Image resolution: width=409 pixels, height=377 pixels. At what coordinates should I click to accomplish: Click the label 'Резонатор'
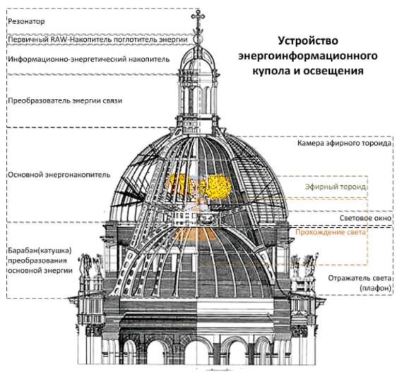[26, 21]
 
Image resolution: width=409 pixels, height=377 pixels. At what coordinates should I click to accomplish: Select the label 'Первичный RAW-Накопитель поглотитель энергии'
[97, 40]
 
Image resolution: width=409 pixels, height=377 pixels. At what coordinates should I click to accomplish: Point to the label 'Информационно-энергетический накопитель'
[89, 59]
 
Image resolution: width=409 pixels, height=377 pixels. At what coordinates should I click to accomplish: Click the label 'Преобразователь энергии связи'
[65, 101]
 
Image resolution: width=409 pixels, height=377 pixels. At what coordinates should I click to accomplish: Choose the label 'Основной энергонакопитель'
[59, 175]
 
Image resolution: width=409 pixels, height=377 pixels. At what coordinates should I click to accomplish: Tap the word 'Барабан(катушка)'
[40, 251]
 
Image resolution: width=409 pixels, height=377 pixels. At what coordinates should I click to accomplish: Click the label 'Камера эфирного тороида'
[344, 143]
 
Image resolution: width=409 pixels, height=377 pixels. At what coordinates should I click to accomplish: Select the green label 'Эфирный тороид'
[336, 187]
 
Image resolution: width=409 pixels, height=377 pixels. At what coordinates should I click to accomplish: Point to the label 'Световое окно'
[365, 218]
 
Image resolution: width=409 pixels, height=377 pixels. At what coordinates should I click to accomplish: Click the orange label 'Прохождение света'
[331, 232]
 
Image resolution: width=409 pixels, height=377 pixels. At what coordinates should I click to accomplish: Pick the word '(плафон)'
[375, 289]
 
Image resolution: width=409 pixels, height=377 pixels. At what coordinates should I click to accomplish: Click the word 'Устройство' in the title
[308, 41]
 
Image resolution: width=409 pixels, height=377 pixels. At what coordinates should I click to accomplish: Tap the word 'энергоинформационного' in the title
[308, 56]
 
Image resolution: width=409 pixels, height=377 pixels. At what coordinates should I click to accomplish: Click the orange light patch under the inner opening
[195, 235]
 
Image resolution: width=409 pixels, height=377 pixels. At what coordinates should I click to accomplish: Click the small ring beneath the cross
[198, 39]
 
